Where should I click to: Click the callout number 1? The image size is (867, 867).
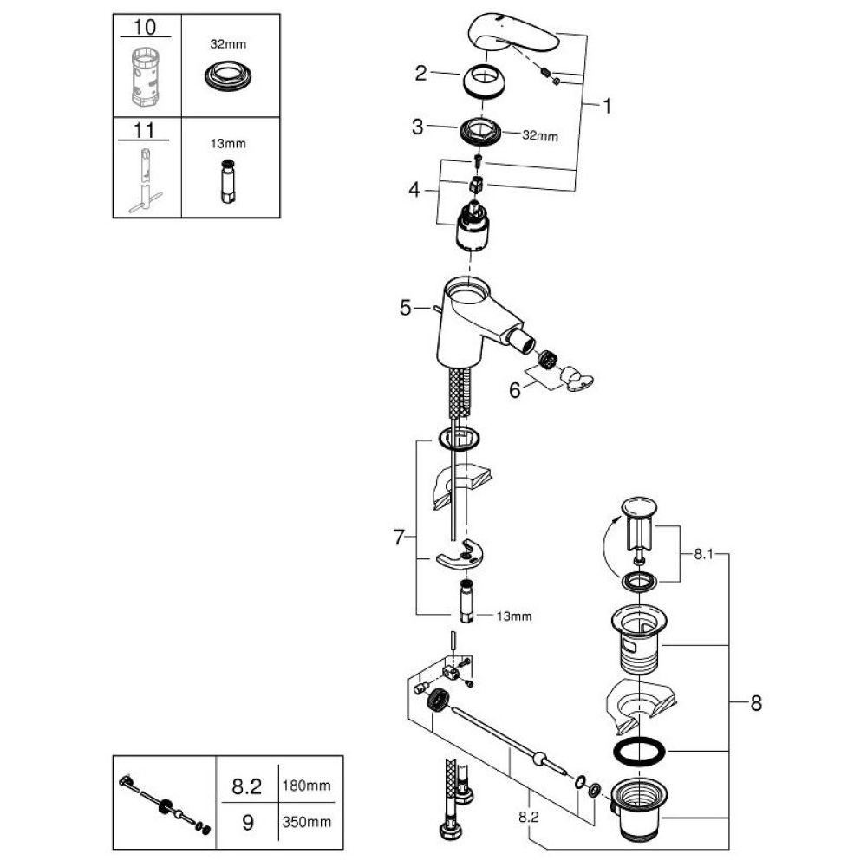(607, 107)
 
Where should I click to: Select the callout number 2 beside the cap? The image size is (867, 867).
(420, 74)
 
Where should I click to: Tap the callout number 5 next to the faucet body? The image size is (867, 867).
(404, 306)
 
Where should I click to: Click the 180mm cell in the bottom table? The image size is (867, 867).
(304, 787)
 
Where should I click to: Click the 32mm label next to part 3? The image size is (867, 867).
(539, 136)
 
